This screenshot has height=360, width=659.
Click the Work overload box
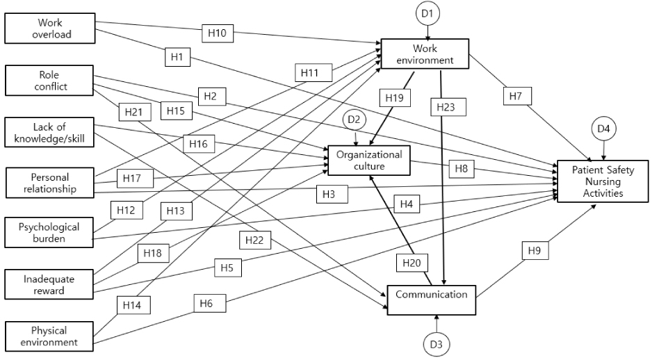(50, 28)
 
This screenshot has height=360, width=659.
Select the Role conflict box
(49, 80)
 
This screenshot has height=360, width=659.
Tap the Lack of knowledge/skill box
(49, 132)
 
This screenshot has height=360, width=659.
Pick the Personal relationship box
(49, 183)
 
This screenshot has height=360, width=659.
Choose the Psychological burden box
(49, 232)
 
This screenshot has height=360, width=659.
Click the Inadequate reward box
(49, 284)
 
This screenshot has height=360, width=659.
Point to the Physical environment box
(49, 336)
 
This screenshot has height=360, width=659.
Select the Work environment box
(425, 54)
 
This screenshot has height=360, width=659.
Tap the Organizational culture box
(369, 160)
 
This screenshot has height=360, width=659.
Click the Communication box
(432, 300)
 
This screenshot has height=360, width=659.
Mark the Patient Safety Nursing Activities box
(603, 181)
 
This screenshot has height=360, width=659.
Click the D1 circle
(428, 13)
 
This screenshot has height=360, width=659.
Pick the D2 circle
(355, 120)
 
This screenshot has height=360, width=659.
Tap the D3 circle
(437, 345)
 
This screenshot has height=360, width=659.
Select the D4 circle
(603, 129)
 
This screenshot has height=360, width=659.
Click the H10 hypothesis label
(218, 33)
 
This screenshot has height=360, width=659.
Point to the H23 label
(446, 107)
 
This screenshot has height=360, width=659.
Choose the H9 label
(535, 251)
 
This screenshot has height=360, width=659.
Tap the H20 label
(412, 263)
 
